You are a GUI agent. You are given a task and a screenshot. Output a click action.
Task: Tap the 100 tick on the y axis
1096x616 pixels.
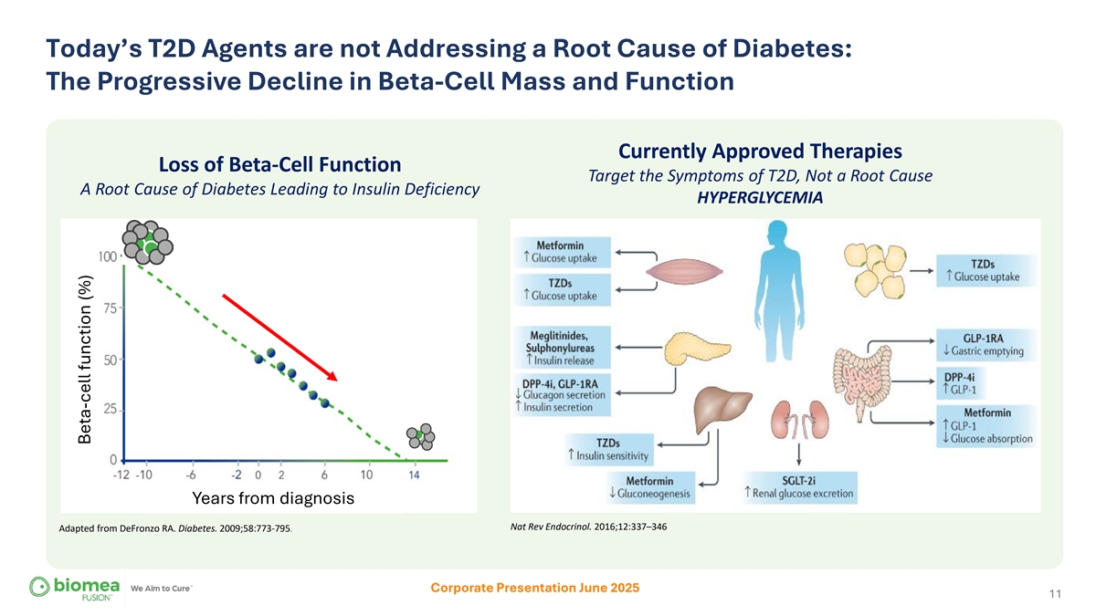pos(107,256)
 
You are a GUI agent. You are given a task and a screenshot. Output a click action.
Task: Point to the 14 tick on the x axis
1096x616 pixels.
pos(414,475)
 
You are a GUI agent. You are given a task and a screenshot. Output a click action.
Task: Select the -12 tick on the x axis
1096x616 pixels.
pos(121,475)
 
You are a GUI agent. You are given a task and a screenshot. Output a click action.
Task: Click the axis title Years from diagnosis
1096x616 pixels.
pos(272,499)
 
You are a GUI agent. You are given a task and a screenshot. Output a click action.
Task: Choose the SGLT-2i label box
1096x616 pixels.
pos(800,487)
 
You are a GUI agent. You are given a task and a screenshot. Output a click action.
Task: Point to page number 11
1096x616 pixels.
pos(1054,595)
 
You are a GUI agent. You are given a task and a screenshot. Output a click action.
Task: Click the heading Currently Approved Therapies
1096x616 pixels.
pos(760,151)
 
